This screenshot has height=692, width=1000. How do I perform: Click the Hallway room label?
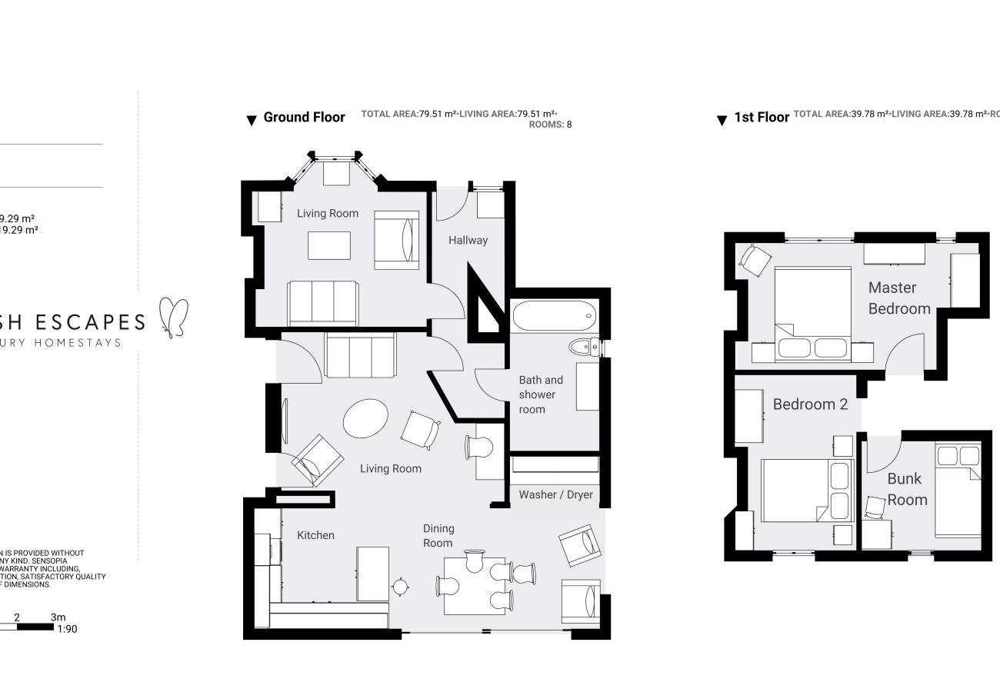[x=468, y=240]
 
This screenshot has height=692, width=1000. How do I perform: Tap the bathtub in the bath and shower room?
[x=552, y=315]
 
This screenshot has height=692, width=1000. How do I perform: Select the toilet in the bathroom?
[x=585, y=348]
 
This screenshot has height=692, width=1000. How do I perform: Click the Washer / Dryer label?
[x=555, y=494]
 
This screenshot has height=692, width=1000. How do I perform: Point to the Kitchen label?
[x=315, y=535]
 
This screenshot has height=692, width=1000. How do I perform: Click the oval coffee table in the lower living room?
[x=366, y=418]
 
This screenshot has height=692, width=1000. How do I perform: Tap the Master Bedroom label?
[x=898, y=298]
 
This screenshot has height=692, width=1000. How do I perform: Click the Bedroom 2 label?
[x=810, y=404]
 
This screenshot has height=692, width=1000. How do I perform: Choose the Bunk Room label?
[x=907, y=489]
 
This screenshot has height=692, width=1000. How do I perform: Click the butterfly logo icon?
[x=173, y=316]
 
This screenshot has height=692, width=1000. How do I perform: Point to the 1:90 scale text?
[x=67, y=629]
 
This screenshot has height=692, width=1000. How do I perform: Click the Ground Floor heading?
[x=304, y=118]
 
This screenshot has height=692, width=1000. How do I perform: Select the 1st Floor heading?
[x=762, y=118]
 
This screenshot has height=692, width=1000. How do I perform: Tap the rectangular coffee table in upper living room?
[x=329, y=245]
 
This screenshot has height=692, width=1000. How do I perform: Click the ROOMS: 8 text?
[x=551, y=125]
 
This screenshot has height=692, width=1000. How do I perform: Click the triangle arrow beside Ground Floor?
[x=251, y=121]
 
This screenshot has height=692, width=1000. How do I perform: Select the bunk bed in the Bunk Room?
[x=958, y=489]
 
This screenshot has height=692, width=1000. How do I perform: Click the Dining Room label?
[x=438, y=536]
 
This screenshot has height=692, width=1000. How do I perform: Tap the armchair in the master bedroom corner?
[x=755, y=260]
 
